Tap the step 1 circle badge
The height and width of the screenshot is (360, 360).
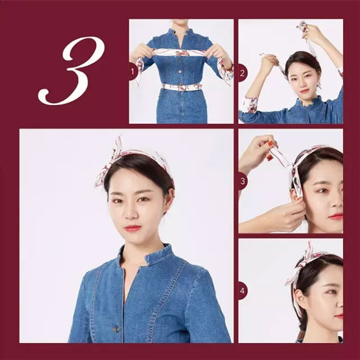133,71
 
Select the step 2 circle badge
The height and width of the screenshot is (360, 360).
243,73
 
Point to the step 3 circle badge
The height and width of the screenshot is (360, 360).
243,181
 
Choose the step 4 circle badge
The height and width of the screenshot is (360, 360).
243,291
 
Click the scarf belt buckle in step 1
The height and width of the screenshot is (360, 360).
182,88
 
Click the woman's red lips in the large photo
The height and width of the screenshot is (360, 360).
132,228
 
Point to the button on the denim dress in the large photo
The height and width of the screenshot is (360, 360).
116,330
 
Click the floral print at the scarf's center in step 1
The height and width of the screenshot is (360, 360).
183,53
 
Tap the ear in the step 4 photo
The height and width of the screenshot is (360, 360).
298,297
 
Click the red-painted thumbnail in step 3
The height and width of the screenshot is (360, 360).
271,144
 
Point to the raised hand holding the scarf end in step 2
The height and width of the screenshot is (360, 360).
312,34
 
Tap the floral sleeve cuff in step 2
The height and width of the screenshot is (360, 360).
251,104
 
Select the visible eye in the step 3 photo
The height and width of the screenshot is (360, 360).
323,191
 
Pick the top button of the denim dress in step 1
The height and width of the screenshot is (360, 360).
180,62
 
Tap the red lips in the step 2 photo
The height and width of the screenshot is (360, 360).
304,91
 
